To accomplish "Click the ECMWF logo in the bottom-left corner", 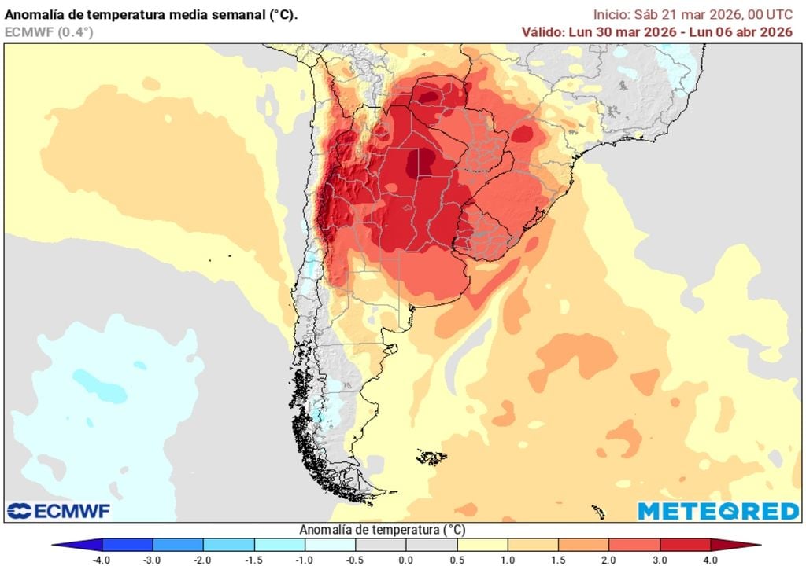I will click(x=59, y=511).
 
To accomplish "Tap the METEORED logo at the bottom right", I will click(x=718, y=511).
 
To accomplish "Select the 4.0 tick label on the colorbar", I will click(x=710, y=559).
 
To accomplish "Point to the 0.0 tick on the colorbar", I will click(x=406, y=559).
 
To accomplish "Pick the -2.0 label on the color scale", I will click(x=204, y=559).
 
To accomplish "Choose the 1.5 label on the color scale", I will click(x=558, y=559).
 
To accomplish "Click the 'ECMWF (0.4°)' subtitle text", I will click(x=48, y=32).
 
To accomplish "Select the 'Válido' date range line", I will click(x=656, y=32).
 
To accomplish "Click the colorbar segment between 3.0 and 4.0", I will click(x=685, y=545).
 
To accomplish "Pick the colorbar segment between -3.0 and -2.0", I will click(x=178, y=545).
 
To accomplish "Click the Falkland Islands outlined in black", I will click(x=431, y=457).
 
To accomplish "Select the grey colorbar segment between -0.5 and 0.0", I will click(x=381, y=545).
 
